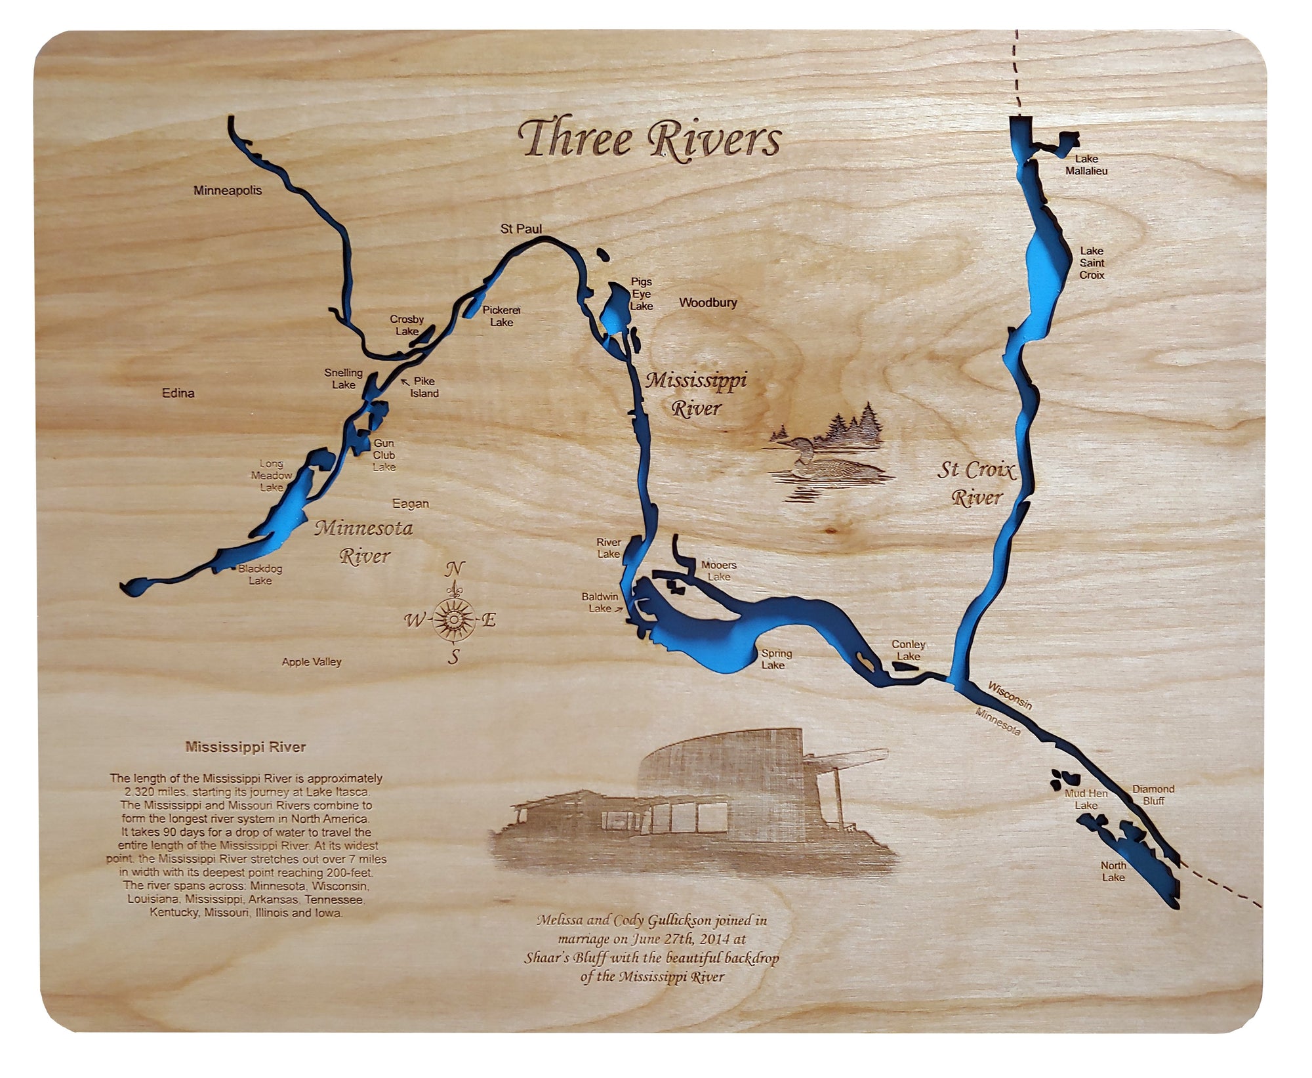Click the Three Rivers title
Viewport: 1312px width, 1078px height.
(x=649, y=140)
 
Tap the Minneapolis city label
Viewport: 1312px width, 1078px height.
(x=228, y=191)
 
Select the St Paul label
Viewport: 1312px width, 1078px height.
(x=522, y=229)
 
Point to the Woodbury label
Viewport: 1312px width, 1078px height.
(x=708, y=302)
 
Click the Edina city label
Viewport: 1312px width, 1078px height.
(x=178, y=393)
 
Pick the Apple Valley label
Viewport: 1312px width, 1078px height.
(x=312, y=662)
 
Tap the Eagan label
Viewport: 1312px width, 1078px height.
(x=411, y=504)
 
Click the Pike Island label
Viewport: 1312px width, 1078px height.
(x=424, y=387)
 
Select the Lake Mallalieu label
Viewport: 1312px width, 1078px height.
(x=1086, y=165)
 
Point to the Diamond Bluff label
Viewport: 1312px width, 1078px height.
(x=1153, y=795)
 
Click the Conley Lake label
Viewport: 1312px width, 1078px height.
(x=909, y=650)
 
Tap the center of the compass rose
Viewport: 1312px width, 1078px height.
(x=453, y=619)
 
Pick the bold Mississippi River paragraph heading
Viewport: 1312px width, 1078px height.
(x=245, y=747)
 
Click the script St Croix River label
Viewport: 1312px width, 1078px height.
(x=976, y=484)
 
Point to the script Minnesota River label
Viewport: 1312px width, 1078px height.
(x=364, y=542)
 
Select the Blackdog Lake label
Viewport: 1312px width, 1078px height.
(x=260, y=575)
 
